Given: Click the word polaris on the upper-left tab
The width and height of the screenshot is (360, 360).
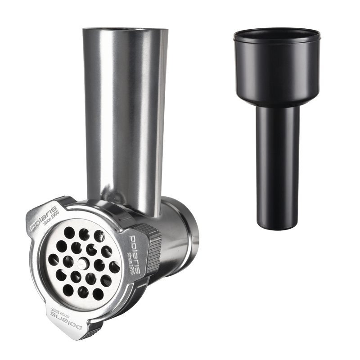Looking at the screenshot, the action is click(43, 218).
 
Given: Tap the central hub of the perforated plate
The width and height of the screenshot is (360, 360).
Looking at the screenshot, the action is click(82, 263).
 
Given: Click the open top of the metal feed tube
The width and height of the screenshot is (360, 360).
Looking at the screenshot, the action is click(125, 29).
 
